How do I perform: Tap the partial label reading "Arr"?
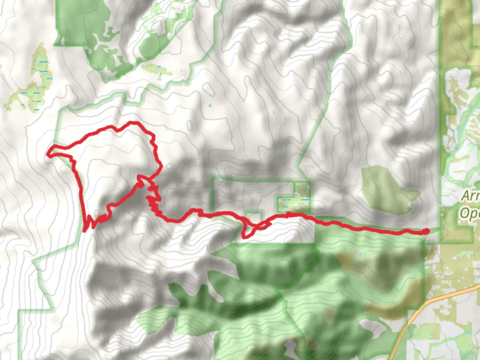click(x=470, y=196)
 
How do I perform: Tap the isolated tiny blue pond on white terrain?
click(x=209, y=106)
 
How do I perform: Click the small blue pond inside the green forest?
click(x=359, y=255)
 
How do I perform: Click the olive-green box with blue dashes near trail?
click(x=294, y=202)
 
